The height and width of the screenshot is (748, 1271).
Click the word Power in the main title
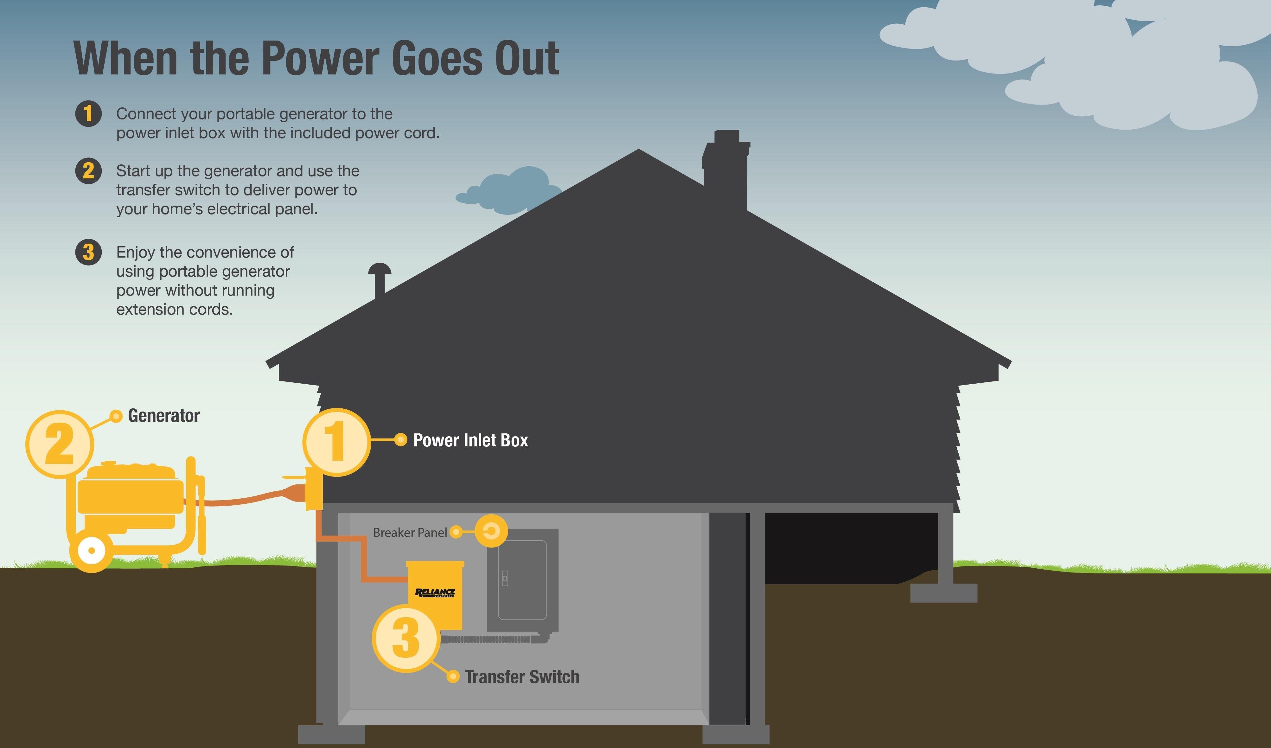pos(320,59)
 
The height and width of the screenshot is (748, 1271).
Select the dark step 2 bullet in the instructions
pos(88,171)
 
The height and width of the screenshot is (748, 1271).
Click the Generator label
pos(163,416)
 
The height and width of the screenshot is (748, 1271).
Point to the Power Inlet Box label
pos(470,440)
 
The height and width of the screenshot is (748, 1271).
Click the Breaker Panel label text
pos(410,533)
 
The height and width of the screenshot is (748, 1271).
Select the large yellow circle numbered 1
pos(336,442)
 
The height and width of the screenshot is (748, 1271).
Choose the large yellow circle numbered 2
pos(60,444)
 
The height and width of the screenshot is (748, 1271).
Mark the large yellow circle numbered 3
pos(406,639)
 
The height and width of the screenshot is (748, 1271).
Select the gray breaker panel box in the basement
pos(522,580)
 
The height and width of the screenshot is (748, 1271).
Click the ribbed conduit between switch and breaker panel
pos(487,639)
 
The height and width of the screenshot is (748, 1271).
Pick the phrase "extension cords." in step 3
pos(175,309)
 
